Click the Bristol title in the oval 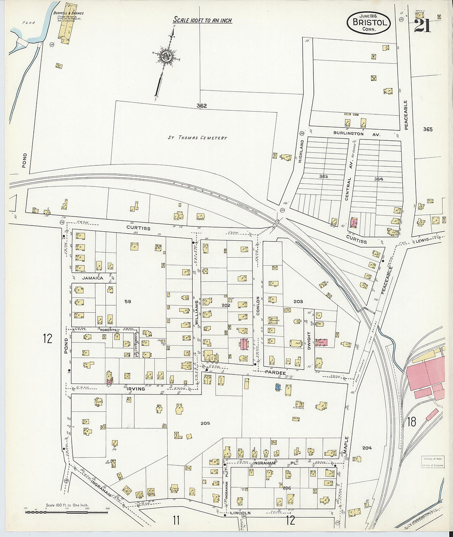[370, 22]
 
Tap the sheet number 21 [423, 26]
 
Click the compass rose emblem [167, 56]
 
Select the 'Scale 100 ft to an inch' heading [202, 20]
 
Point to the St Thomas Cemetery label [197, 138]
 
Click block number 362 [201, 106]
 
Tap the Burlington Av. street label [351, 134]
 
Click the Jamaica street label [92, 278]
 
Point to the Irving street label [135, 389]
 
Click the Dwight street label [309, 340]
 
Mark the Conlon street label [258, 306]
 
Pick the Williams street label [197, 312]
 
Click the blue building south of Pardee [278, 387]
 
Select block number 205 [205, 423]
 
